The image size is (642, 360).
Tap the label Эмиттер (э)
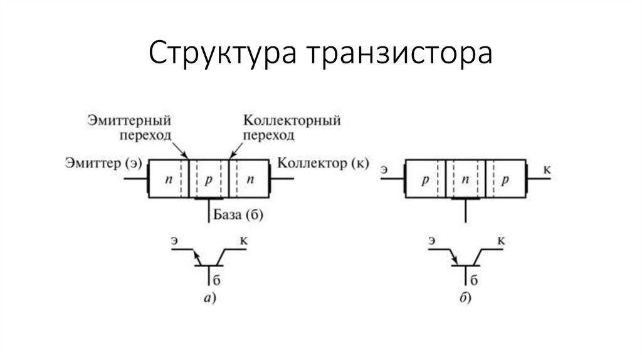click(x=102, y=164)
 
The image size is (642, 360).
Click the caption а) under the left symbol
click(x=210, y=299)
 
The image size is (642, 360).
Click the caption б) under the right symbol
click(x=465, y=299)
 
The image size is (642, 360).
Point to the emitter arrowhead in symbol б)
click(x=455, y=260)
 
